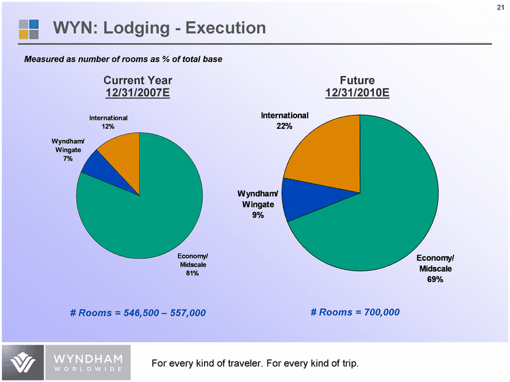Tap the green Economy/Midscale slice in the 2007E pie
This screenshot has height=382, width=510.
click(x=143, y=218)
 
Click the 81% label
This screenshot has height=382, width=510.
click(x=192, y=274)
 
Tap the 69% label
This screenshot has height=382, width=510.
click(x=435, y=279)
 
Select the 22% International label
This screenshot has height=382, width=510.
click(x=284, y=126)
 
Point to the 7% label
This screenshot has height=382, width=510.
click(x=67, y=159)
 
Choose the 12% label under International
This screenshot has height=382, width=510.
click(x=108, y=126)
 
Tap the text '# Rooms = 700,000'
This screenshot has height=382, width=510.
click(x=355, y=312)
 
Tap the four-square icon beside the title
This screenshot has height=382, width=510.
click(x=29, y=29)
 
